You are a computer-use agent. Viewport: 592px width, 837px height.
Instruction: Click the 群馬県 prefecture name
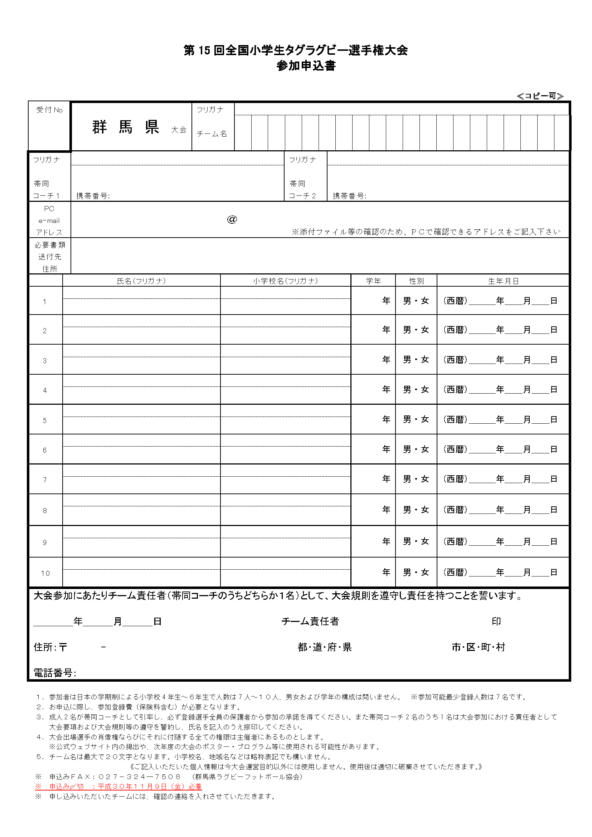[126, 127]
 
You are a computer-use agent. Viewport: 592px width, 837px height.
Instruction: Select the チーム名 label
[212, 134]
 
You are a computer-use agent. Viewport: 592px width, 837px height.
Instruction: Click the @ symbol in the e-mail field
[232, 219]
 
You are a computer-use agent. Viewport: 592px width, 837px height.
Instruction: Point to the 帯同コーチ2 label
[302, 190]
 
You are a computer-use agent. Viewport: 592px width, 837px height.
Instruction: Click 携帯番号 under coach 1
[93, 196]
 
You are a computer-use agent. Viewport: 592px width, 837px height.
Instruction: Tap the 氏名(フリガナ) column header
[141, 281]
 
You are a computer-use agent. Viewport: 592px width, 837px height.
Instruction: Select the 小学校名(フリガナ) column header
[285, 281]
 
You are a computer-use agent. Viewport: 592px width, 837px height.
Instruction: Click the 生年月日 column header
[503, 281]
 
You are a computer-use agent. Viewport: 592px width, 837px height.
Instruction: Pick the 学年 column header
[373, 281]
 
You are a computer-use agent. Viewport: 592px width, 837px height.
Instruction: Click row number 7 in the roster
[45, 480]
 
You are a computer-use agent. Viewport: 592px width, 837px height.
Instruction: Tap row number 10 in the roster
[45, 573]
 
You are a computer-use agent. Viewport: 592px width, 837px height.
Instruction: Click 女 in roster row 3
[425, 359]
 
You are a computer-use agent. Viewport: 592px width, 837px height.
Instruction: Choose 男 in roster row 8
[407, 510]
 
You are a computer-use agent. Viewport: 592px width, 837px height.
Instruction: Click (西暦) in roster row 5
[455, 419]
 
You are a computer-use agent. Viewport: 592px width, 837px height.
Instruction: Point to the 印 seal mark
[496, 621]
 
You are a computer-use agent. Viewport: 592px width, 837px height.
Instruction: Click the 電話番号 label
[55, 673]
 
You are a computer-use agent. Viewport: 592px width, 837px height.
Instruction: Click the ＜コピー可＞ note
[540, 96]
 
